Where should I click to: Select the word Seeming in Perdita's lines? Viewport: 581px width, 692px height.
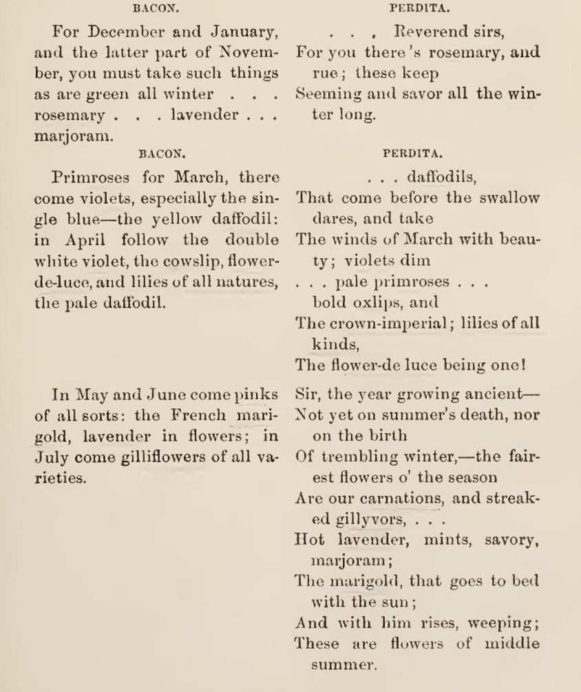pos(326,97)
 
